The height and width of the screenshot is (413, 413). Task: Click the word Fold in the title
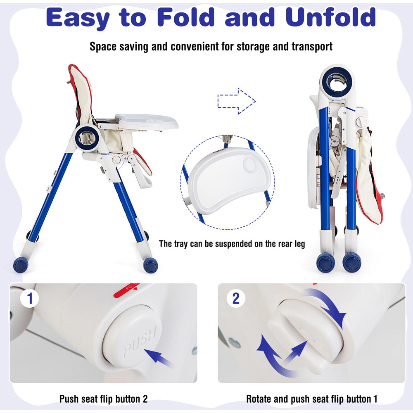[x=186, y=17]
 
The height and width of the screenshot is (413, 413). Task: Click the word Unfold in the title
[x=331, y=17]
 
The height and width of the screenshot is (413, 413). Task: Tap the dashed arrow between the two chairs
[x=237, y=101]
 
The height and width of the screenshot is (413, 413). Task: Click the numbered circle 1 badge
[x=29, y=299]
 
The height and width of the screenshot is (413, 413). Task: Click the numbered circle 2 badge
[x=236, y=299]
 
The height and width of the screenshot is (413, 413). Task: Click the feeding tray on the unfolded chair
[x=147, y=121]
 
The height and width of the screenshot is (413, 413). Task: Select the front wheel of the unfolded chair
[x=151, y=265]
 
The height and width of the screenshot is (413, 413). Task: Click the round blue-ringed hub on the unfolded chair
[x=87, y=138]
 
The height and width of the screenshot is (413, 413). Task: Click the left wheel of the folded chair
[x=325, y=262]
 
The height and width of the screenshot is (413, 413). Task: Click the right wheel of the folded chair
[x=352, y=262]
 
